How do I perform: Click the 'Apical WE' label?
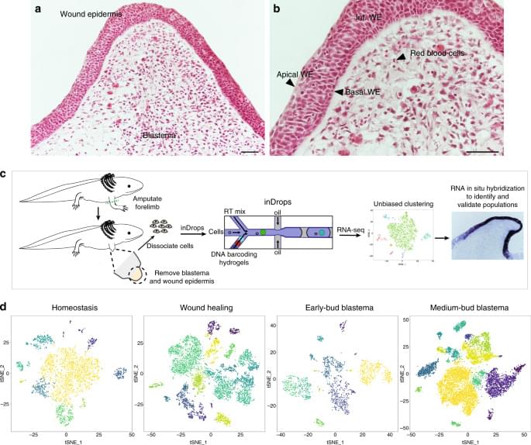tap(294, 75)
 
